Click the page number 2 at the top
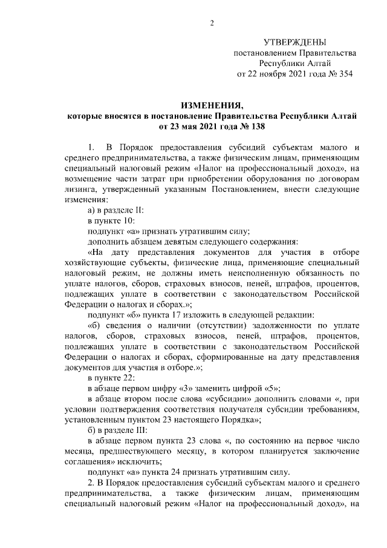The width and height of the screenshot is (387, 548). tap(212, 23)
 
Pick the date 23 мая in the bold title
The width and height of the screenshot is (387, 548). tap(185, 127)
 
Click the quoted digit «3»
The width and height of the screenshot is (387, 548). tap(193, 389)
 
